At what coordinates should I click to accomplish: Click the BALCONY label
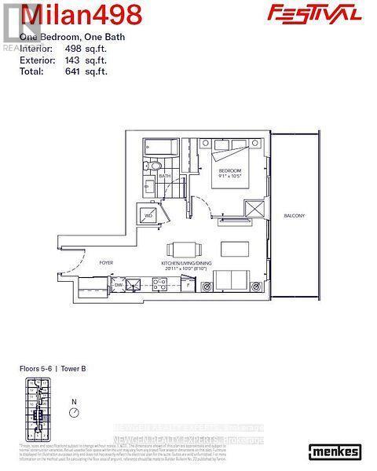[x=295, y=215]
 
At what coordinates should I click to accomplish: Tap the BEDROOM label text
[x=229, y=171]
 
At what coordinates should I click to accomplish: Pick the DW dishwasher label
[x=119, y=285]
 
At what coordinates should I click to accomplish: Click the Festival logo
[x=325, y=13]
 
